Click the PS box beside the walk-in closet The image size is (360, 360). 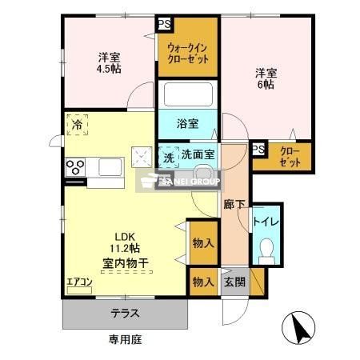coord(163,23)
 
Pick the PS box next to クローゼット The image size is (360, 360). coord(258,150)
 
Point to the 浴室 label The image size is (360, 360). coord(188,124)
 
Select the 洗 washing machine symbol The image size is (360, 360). coord(168,157)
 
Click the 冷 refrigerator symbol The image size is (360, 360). coord(78,125)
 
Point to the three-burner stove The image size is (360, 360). coord(76,168)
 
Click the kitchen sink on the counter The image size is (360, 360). coord(109,168)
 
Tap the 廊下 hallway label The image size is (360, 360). coord(234,203)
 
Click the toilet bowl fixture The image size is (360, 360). coord(266,250)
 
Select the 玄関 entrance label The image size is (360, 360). coord(234,282)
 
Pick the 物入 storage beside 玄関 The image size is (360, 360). coord(202,282)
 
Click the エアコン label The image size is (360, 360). coord(80,282)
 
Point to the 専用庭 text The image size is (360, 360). coord(125,340)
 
